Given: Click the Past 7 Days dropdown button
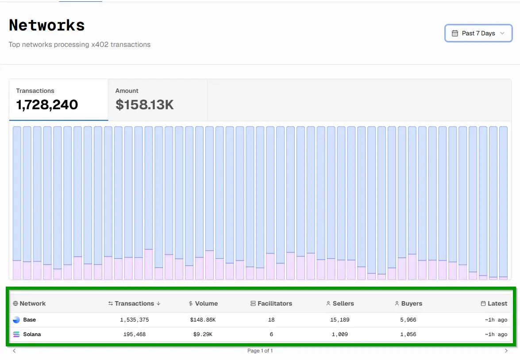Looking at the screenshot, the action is pyautogui.click(x=478, y=33).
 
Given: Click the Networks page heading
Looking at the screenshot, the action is pyautogui.click(x=47, y=25).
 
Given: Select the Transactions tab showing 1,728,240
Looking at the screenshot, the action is pyautogui.click(x=59, y=100).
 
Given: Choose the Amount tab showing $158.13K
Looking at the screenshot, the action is pyautogui.click(x=158, y=100).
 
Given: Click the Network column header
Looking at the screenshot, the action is pyautogui.click(x=29, y=303).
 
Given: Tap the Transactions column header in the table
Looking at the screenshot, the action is pyautogui.click(x=134, y=303).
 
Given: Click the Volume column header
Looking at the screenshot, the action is pyautogui.click(x=203, y=303).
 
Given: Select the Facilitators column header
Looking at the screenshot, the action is pyautogui.click(x=271, y=303).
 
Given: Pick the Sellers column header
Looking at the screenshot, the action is pyautogui.click(x=340, y=303).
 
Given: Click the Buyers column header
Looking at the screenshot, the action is pyautogui.click(x=408, y=303).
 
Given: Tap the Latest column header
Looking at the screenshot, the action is pyautogui.click(x=494, y=303).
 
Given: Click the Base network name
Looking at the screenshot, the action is pyautogui.click(x=30, y=320).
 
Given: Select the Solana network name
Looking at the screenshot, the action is pyautogui.click(x=32, y=334).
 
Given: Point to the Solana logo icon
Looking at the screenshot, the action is pyautogui.click(x=16, y=334).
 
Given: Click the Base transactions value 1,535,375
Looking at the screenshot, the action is pyautogui.click(x=134, y=320).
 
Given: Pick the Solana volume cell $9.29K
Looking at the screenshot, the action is pyautogui.click(x=203, y=334).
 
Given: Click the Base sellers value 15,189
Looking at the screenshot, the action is pyautogui.click(x=339, y=320).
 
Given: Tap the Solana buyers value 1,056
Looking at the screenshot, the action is pyautogui.click(x=408, y=334).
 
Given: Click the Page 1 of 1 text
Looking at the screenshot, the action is pyautogui.click(x=260, y=350).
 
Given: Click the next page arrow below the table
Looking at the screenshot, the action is pyautogui.click(x=506, y=350).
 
